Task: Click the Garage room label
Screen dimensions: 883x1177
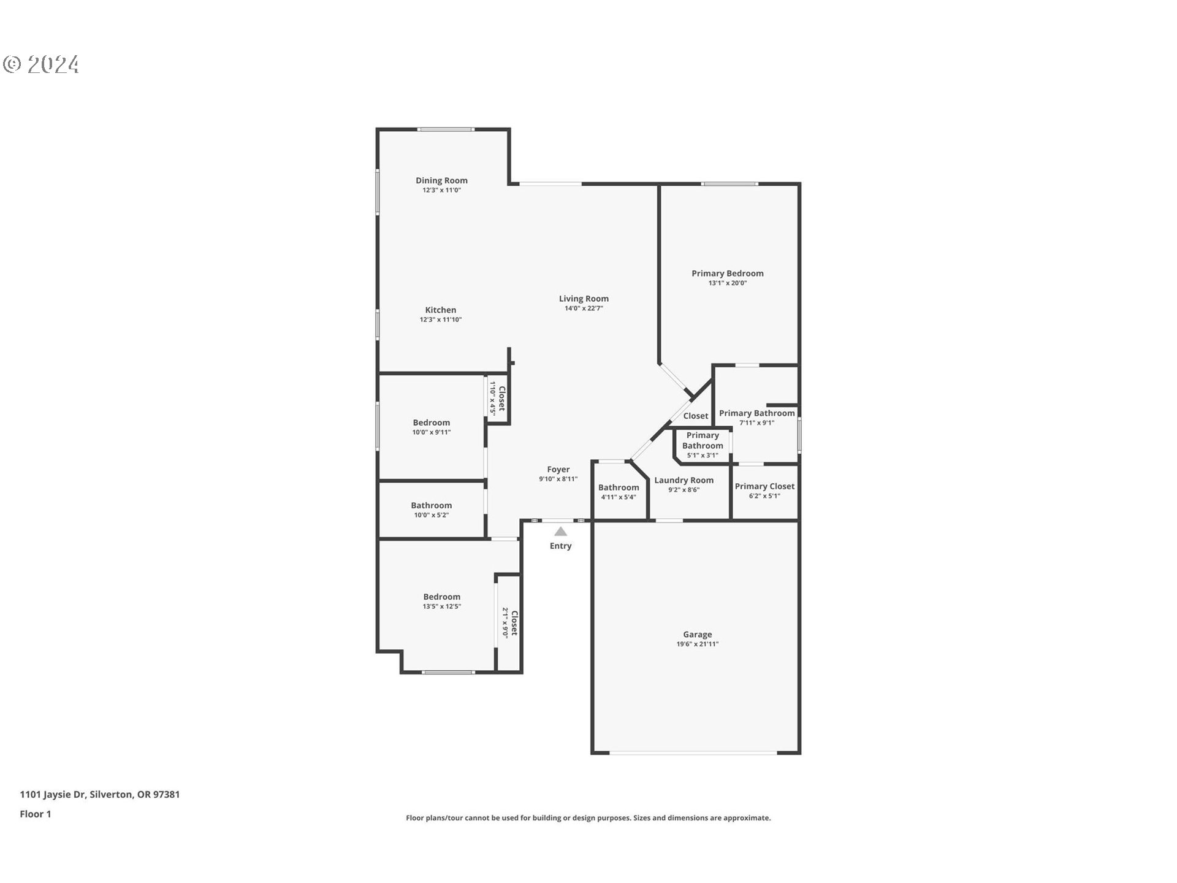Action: pos(697,635)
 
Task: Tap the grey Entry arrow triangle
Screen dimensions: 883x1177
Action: pos(560,532)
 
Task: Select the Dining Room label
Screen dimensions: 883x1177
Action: pos(441,180)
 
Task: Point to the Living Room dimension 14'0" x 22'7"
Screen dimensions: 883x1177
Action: pos(584,308)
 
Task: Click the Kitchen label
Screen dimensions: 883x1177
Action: pos(441,310)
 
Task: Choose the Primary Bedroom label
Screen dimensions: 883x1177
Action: pos(728,273)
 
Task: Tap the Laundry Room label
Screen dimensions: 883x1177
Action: pos(684,480)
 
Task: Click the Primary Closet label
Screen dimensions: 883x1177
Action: pos(764,486)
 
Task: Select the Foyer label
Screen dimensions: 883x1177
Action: pos(558,469)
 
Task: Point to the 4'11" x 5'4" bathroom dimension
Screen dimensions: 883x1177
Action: pos(619,497)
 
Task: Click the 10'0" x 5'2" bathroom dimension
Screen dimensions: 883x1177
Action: pos(432,515)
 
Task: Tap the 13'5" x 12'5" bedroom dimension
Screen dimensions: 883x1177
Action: pos(441,606)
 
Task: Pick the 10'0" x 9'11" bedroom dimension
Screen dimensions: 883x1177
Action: pos(432,432)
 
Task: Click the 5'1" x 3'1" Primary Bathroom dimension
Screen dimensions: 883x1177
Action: pos(703,455)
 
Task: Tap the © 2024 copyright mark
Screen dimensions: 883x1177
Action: pos(41,64)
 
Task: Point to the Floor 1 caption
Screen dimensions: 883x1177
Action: pos(36,814)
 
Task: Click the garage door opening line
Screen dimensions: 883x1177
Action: pos(693,752)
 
